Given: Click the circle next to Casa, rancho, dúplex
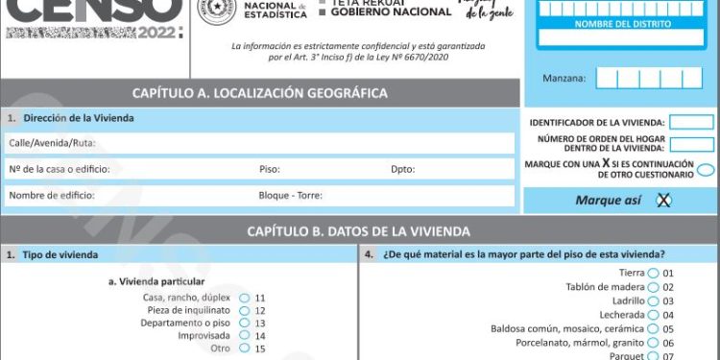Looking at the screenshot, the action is pos(245,298).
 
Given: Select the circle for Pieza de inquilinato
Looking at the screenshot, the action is pos(245,311).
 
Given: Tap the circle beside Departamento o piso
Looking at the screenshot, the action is pos(245,324).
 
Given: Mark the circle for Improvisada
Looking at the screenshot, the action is pos(245,336).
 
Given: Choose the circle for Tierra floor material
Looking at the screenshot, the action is pos(654,274).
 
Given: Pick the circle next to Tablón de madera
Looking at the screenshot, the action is pos(654,287).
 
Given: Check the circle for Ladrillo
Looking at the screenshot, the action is pos(654,301).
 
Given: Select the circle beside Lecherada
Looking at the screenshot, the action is pos(654,315).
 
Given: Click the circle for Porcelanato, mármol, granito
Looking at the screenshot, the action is pos(654,343).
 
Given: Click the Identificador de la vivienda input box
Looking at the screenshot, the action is pos(691,123).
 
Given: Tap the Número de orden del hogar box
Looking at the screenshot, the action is pos(691,145).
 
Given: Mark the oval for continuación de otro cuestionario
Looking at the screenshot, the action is pos(706,170).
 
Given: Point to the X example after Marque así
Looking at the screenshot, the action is pos(662,201).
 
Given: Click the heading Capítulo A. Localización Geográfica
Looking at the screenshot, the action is pos(260,93).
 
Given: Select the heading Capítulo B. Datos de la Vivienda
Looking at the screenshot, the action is pos(358,231).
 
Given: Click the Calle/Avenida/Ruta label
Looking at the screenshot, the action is pos(52,143).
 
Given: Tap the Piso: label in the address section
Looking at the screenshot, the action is pos(269,170).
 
